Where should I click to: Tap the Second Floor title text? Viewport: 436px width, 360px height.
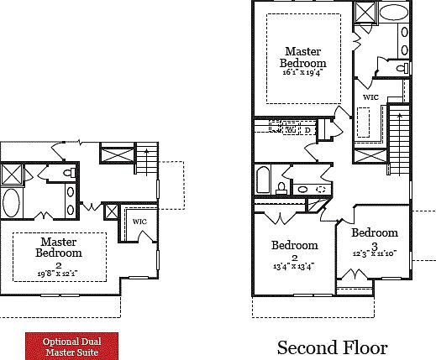click(332, 347)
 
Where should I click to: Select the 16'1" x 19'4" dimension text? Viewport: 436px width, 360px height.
click(304, 72)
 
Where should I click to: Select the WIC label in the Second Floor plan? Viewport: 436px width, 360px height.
click(370, 97)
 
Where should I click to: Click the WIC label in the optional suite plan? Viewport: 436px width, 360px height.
click(139, 221)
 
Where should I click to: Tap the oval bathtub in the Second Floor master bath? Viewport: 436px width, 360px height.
click(392, 13)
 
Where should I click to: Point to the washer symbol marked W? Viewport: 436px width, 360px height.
click(290, 130)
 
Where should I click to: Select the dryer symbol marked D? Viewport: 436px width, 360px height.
click(307, 130)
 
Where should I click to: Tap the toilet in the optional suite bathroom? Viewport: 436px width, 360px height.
click(71, 173)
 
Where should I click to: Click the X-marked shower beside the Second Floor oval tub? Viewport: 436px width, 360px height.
click(365, 13)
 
